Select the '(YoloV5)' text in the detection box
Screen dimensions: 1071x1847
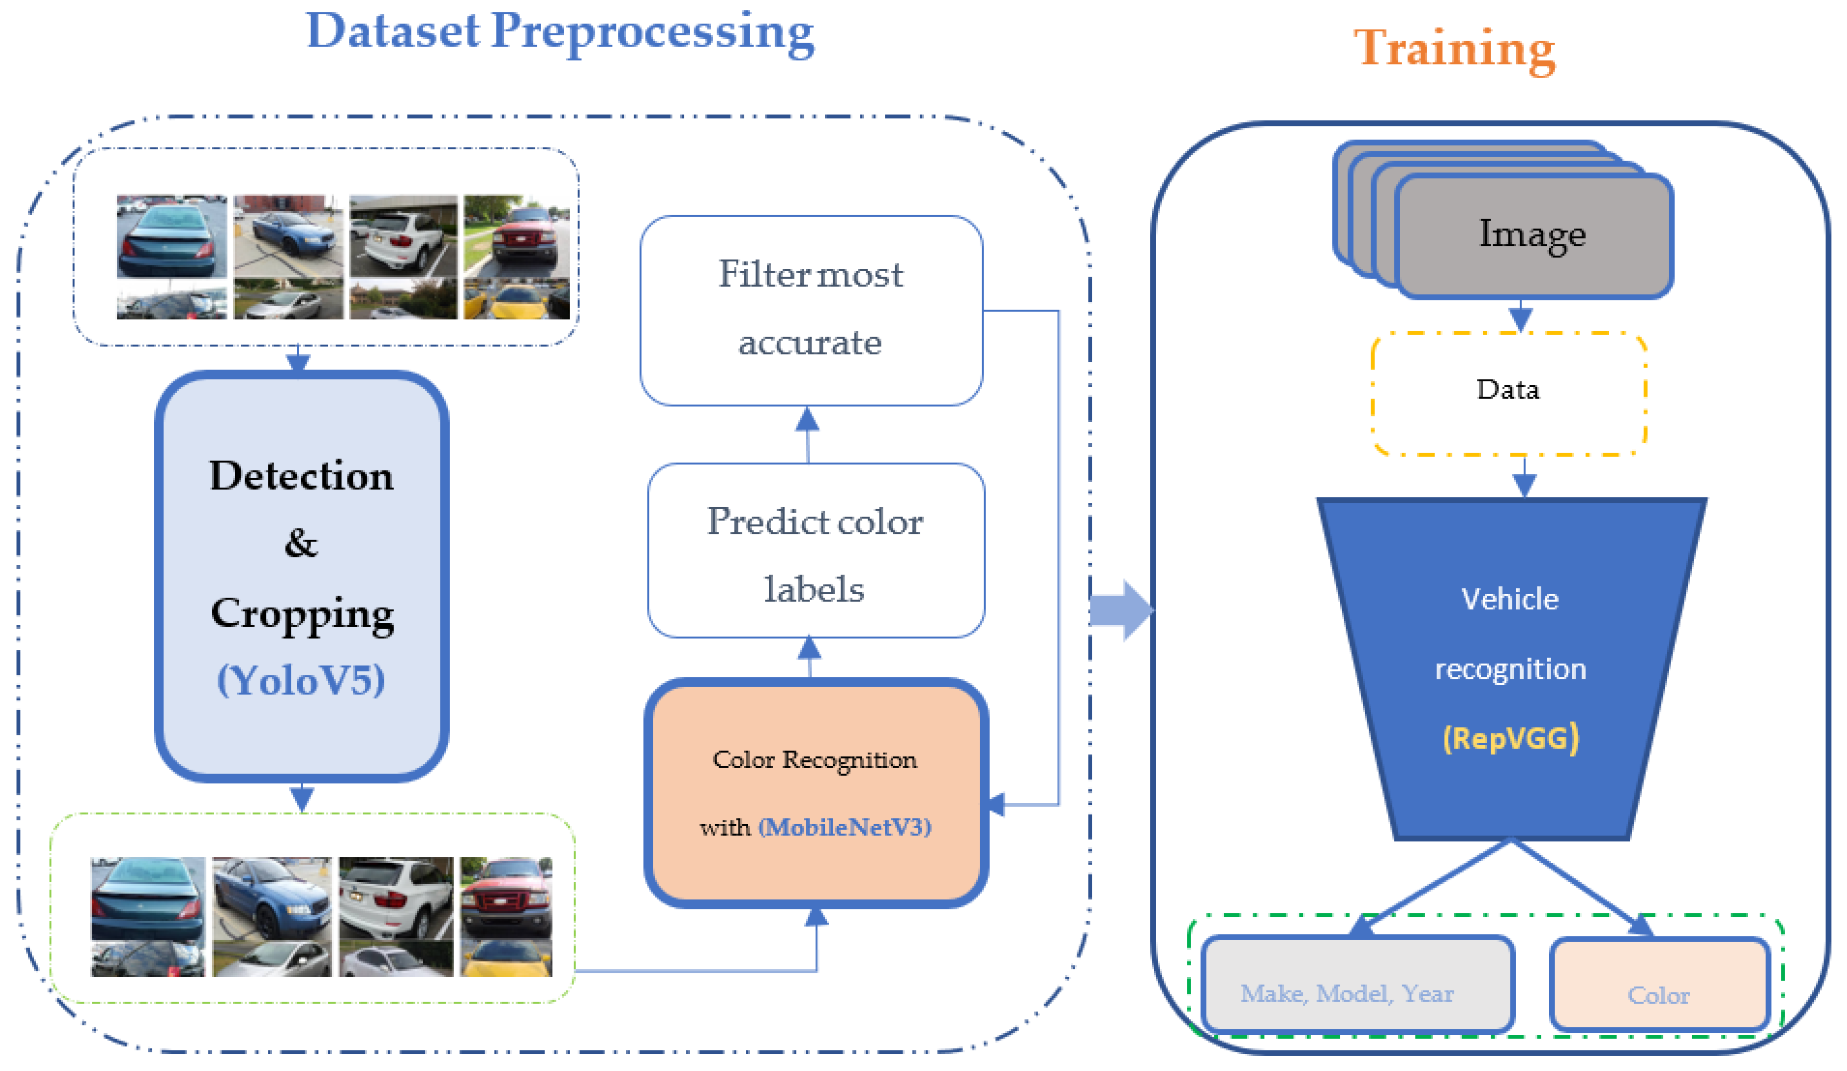point(301,681)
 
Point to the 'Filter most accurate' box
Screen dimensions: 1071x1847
point(811,310)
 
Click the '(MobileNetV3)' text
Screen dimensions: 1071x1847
point(844,828)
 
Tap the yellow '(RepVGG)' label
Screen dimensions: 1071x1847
point(1511,738)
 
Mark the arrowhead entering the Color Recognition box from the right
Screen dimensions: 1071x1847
point(995,804)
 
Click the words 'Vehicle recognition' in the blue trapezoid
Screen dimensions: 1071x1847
point(1510,634)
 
